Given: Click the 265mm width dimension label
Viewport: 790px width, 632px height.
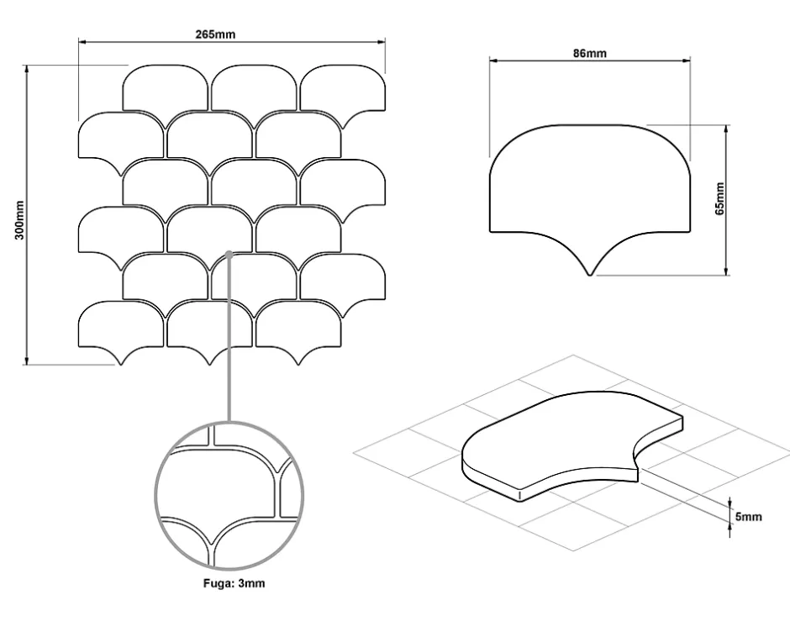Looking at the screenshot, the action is click(x=215, y=34).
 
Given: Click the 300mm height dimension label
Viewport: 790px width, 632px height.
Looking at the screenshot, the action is click(x=19, y=220).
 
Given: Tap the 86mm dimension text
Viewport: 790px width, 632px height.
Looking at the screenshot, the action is click(x=589, y=53).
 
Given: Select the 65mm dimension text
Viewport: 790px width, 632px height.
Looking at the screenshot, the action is click(x=719, y=198).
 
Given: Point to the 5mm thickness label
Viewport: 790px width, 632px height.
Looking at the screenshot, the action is click(x=749, y=517).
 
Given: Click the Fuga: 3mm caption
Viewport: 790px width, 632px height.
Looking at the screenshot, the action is click(x=234, y=583).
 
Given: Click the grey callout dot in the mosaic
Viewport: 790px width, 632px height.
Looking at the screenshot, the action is click(x=229, y=255).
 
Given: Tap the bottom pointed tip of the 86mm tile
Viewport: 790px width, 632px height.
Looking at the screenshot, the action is click(x=589, y=275).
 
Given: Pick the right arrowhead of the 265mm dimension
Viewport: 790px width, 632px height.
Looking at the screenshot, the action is click(x=382, y=42).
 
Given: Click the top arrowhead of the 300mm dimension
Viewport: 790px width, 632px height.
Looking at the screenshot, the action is click(x=27, y=69).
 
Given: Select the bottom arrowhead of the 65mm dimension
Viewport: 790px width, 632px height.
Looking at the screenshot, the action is click(x=726, y=271).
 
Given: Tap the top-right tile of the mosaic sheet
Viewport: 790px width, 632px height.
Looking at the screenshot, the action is click(x=343, y=91).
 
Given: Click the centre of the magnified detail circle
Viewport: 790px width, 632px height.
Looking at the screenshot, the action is click(x=229, y=497).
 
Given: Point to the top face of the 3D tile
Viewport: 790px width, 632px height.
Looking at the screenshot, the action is click(x=571, y=434).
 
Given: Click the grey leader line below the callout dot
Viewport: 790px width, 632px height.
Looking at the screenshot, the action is click(x=229, y=339).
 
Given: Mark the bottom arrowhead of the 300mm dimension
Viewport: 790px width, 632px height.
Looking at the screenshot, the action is click(x=27, y=361).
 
